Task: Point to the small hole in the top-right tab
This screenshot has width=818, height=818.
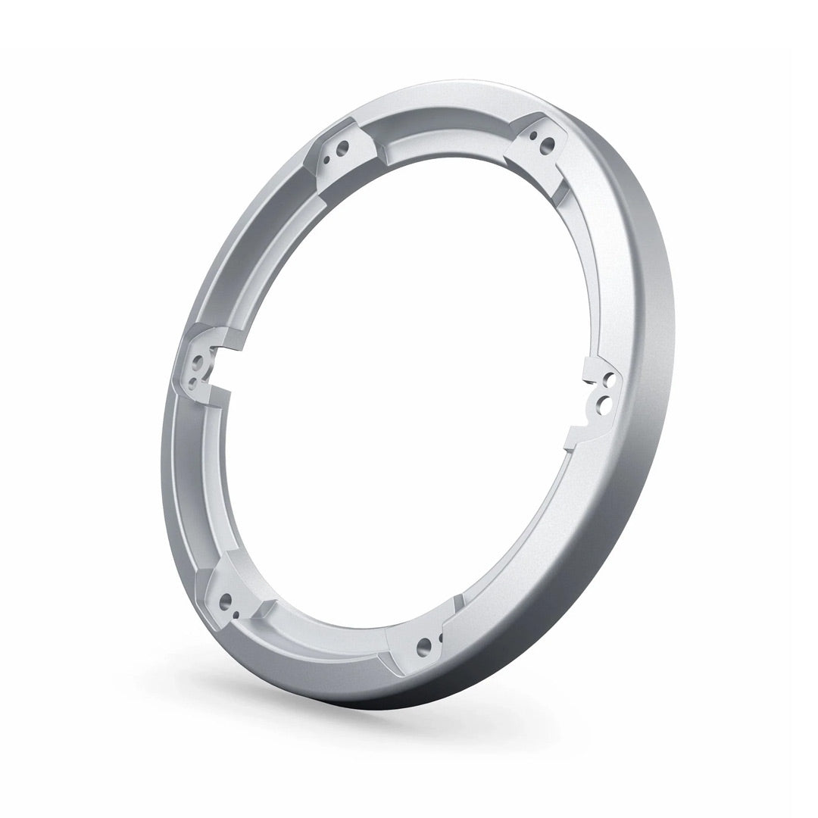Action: (534, 135)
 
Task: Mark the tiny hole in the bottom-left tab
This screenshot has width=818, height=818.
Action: (237, 614)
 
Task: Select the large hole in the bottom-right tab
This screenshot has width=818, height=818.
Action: (423, 645)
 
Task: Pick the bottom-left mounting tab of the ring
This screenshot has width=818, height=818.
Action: (231, 602)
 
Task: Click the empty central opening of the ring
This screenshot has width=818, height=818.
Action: (401, 394)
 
